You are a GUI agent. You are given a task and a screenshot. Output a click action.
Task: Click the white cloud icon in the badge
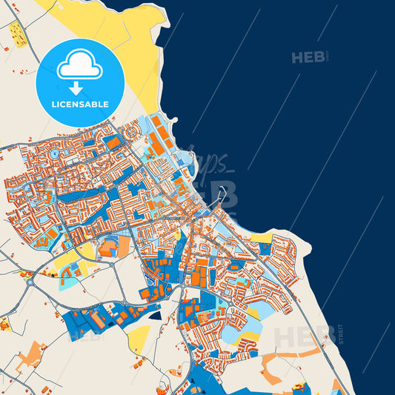pyautogui.click(x=79, y=67)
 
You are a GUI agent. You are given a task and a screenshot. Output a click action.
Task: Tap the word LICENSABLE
pyautogui.click(x=79, y=104)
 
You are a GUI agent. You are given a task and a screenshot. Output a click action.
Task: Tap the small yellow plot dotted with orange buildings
pyautogui.click(x=18, y=34)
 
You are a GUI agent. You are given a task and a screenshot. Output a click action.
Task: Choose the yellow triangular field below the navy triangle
pyautogui.click(x=138, y=338)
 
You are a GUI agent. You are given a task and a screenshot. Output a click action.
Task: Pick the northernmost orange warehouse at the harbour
pyautogui.click(x=156, y=121)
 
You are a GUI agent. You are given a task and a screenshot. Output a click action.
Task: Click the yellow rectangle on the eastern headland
pyautogui.click(x=260, y=238)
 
